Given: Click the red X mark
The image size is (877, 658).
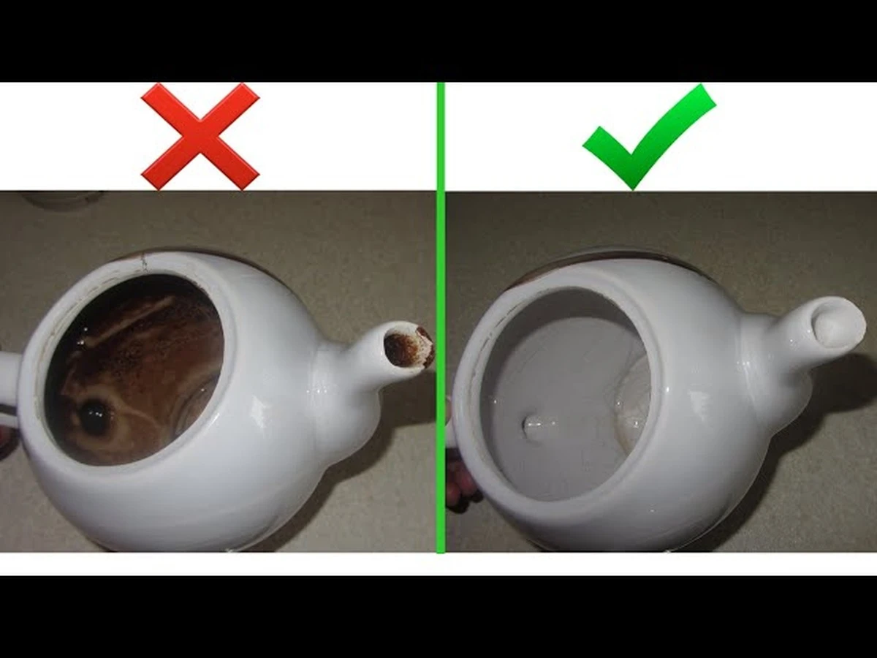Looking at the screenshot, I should [x=200, y=136].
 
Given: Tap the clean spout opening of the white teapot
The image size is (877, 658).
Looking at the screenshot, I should [x=838, y=325].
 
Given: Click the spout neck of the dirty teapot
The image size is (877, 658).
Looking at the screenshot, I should [x=351, y=373].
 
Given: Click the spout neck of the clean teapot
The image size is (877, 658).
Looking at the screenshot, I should [x=775, y=351].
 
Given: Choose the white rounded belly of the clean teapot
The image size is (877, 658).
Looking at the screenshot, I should [x=658, y=497].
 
